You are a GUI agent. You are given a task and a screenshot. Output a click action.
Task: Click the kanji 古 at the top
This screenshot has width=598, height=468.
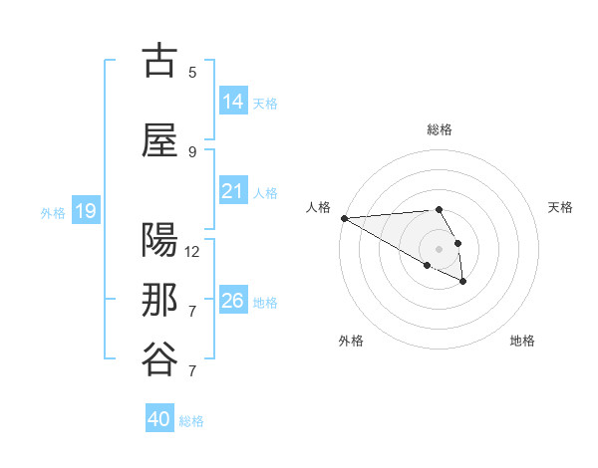pos(159,62)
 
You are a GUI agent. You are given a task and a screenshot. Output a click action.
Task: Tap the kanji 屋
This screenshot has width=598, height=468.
pos(159,141)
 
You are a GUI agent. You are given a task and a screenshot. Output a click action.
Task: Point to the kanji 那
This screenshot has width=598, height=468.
pos(159,301)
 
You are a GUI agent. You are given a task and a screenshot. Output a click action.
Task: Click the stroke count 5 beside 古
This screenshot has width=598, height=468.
pos(192,72)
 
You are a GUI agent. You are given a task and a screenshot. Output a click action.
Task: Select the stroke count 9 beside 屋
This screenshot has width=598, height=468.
pos(192,151)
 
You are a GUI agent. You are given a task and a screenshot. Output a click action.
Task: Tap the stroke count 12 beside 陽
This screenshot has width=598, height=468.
pos(192,251)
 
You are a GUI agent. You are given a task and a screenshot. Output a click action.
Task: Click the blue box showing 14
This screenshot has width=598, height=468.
pos(232,102)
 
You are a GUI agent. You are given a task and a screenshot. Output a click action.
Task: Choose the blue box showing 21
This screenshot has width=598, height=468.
pos(232,191)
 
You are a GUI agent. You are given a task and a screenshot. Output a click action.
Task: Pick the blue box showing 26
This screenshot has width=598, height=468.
pos(232,301)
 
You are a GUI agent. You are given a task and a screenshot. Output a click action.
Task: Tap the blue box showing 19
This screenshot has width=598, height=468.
pos(85,211)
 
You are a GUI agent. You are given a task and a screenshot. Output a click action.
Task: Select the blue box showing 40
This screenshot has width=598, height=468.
pos(159,420)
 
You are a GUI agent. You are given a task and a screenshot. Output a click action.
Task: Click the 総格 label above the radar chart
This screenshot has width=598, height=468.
pos(440,129)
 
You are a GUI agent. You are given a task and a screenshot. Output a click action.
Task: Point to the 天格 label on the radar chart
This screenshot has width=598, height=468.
pos(561,207)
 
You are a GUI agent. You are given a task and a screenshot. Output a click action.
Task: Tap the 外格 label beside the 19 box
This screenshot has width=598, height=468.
pos(53,212)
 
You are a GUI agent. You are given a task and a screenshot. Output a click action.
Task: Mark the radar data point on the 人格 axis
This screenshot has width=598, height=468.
pos(344,218)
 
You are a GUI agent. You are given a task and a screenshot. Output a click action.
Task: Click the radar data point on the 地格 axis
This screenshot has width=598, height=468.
pos(463,282)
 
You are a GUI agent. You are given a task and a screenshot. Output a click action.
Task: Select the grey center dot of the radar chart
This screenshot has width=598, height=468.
pos(440,249)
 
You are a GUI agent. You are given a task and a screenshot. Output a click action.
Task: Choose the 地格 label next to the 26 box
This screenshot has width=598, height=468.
pos(265,302)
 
